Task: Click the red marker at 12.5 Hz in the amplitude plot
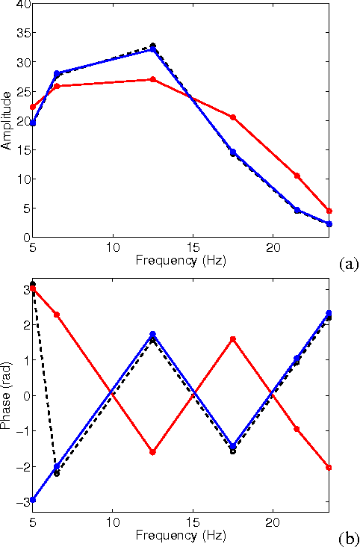(152, 79)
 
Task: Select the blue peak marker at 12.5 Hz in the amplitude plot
(152, 49)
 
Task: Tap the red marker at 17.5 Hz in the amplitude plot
(233, 117)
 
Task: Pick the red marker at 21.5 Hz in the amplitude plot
(297, 176)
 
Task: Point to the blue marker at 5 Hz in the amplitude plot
(33, 123)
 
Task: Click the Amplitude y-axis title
(7, 120)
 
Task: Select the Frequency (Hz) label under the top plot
(180, 261)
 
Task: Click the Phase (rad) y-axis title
(7, 395)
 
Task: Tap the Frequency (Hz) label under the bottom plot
(180, 536)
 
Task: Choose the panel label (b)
(348, 538)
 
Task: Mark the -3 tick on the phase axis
(22, 502)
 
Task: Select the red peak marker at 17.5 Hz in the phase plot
(233, 339)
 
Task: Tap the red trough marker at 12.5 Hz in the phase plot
(152, 452)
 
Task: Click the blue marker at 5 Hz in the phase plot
(33, 500)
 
